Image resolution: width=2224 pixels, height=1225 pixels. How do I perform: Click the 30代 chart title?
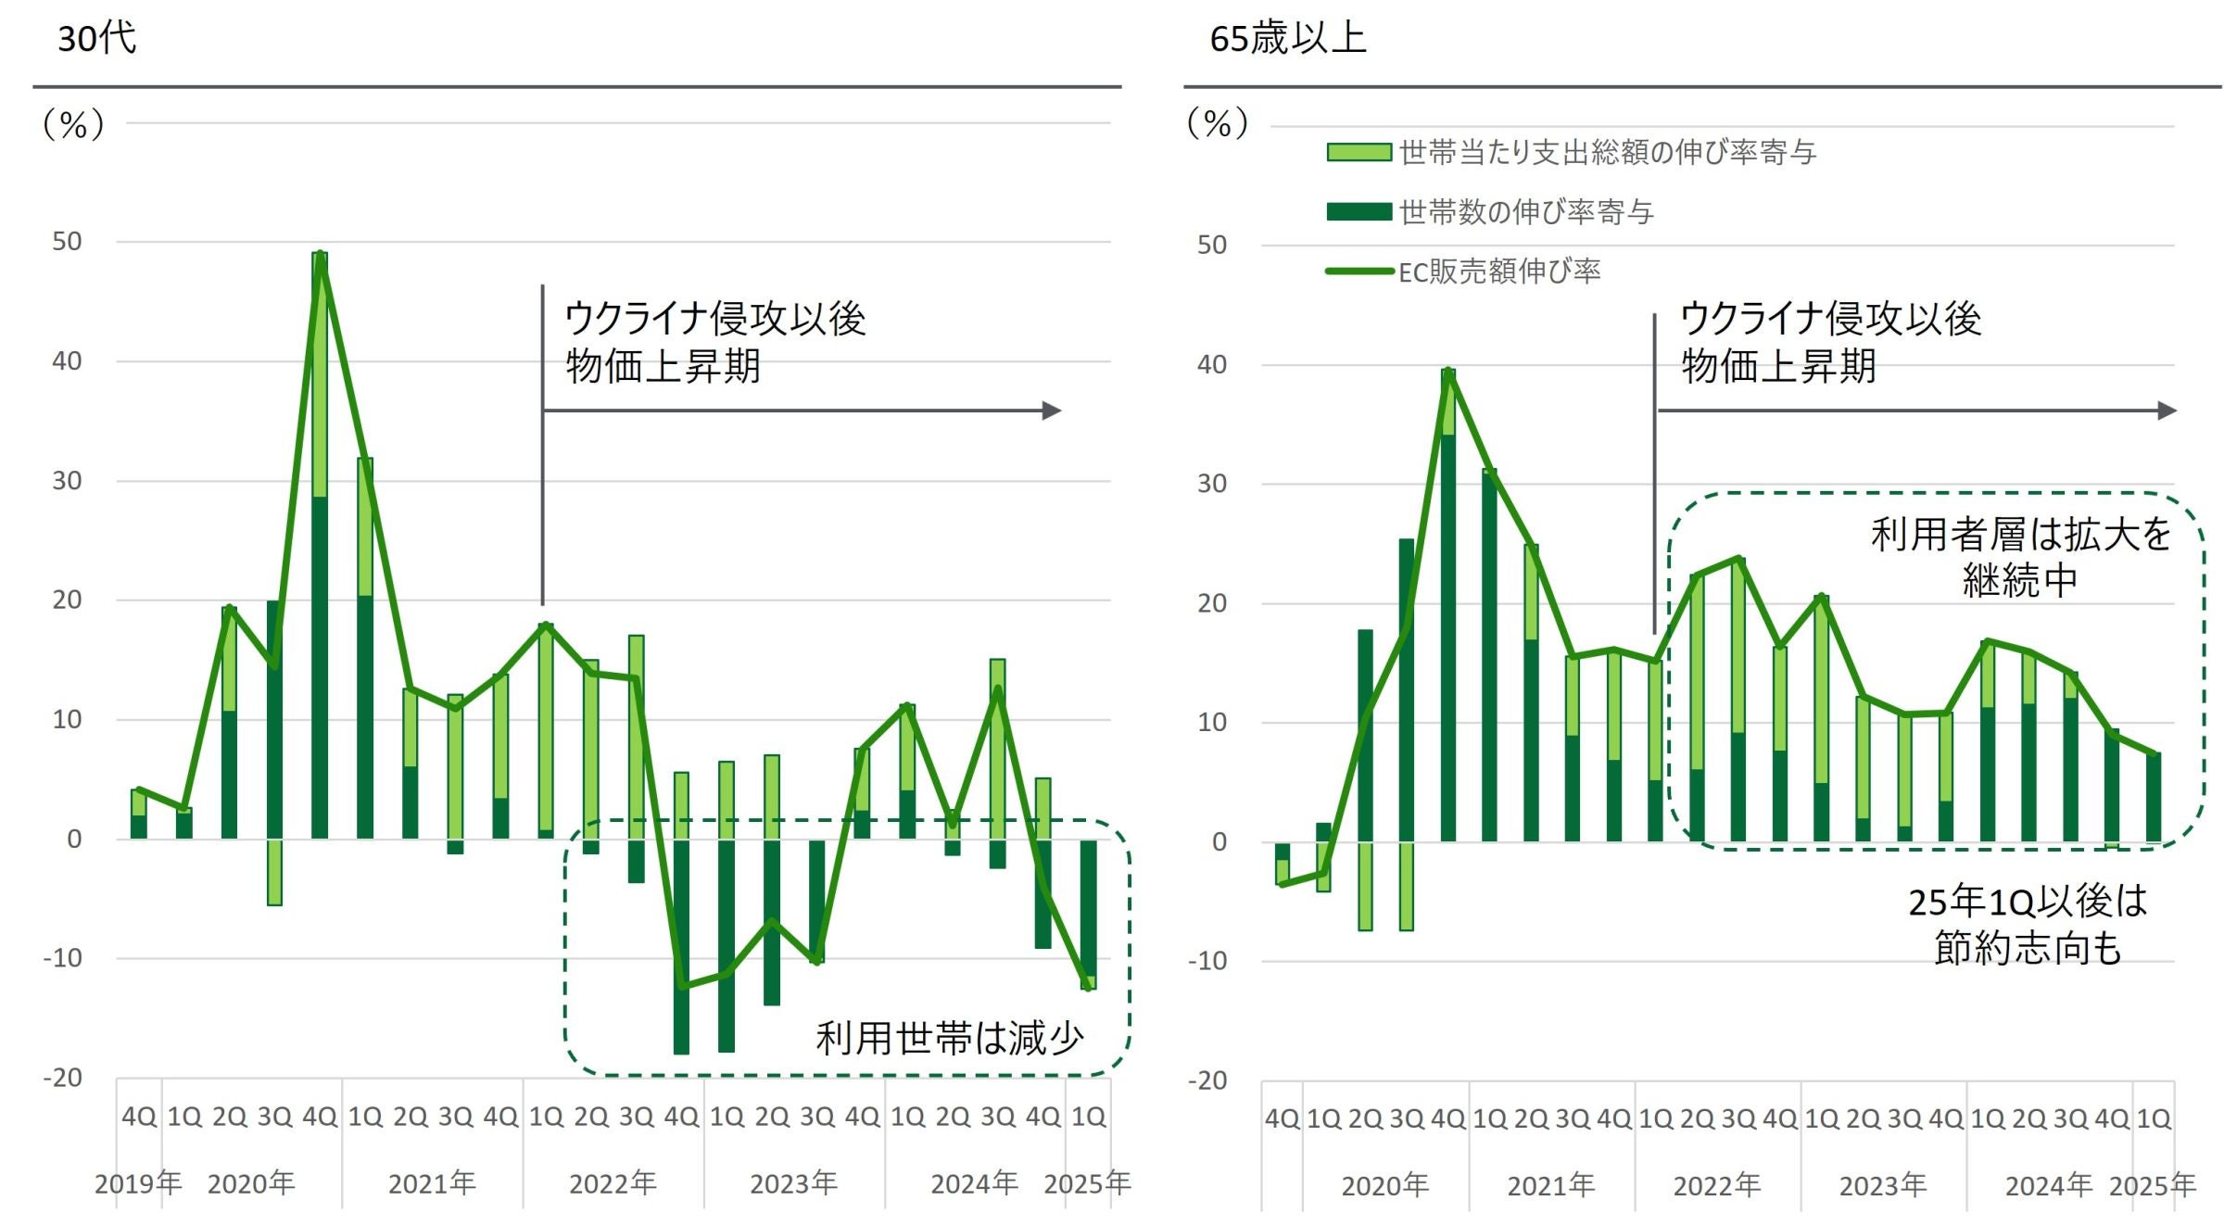pyautogui.click(x=97, y=39)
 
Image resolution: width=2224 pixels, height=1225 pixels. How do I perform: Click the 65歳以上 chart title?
pyautogui.click(x=1287, y=39)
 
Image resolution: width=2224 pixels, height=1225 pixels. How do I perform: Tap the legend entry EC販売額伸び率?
pyautogui.click(x=1498, y=272)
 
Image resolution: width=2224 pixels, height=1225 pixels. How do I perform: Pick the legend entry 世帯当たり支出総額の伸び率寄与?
pyautogui.click(x=1607, y=153)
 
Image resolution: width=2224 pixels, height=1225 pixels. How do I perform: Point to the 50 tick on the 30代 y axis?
pyautogui.click(x=67, y=242)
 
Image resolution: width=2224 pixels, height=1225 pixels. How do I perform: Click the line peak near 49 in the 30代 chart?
pyautogui.click(x=320, y=254)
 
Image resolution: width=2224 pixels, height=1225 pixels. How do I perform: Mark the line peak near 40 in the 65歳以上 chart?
pyautogui.click(x=1448, y=372)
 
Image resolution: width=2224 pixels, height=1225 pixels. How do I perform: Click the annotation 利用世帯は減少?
pyautogui.click(x=949, y=1038)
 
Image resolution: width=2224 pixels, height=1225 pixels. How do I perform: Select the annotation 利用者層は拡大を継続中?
pyautogui.click(x=2020, y=558)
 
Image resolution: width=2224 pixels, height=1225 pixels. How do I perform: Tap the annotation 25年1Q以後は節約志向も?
pyautogui.click(x=2028, y=924)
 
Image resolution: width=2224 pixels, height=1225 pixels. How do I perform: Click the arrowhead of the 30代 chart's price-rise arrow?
pyautogui.click(x=1052, y=410)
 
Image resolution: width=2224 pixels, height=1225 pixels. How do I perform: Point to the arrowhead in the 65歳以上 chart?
pyautogui.click(x=2167, y=410)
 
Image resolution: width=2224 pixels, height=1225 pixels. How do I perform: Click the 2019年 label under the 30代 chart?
pyautogui.click(x=138, y=1183)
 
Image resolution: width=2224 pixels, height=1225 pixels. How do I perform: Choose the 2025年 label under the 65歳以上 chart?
pyautogui.click(x=2152, y=1185)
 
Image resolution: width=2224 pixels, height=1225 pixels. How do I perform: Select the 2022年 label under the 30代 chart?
pyautogui.click(x=613, y=1183)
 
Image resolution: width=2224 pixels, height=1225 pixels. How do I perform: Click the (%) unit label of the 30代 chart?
pyautogui.click(x=73, y=124)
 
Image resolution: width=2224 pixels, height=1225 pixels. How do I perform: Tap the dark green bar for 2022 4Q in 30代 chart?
pyautogui.click(x=681, y=945)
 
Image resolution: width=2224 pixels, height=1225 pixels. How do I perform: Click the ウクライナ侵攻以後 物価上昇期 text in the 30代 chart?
pyautogui.click(x=714, y=342)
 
